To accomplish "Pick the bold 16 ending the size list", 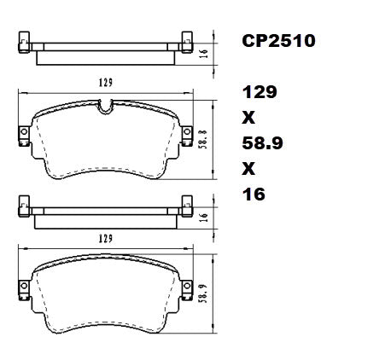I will coord(253,194).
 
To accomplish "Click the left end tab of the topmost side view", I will coord(25,40).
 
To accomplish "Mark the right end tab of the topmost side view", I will coord(183,40).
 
